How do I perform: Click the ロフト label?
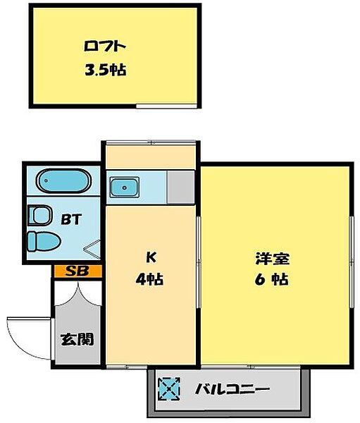(x=104, y=48)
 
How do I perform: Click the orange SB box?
(x=77, y=270)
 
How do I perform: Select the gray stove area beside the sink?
(x=180, y=185)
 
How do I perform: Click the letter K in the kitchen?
(x=149, y=256)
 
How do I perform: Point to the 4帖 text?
(x=149, y=278)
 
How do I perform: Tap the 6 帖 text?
(x=271, y=278)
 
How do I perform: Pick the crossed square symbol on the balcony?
(x=170, y=388)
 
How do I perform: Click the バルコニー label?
(x=232, y=388)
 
